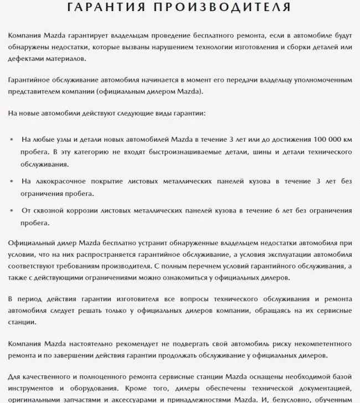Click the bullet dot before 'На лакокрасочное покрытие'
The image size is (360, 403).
[13, 181]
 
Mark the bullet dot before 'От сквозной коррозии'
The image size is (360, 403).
[13, 211]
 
